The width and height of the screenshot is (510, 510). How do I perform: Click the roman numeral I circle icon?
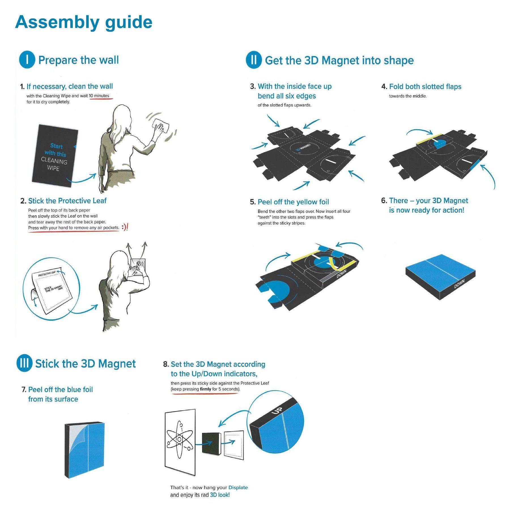pyautogui.click(x=27, y=59)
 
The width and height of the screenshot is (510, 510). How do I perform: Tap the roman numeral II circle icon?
pyautogui.click(x=254, y=60)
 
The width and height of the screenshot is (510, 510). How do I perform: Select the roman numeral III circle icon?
pyautogui.click(x=24, y=363)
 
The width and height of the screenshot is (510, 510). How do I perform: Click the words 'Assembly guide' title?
pyautogui.click(x=84, y=22)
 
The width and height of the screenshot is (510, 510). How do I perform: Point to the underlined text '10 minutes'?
pyautogui.click(x=99, y=96)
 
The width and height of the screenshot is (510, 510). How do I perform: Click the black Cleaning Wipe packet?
pyautogui.click(x=54, y=156)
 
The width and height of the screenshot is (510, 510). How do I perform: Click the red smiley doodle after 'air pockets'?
pyautogui.click(x=125, y=227)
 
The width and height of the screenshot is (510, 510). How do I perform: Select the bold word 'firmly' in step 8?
pyautogui.click(x=205, y=389)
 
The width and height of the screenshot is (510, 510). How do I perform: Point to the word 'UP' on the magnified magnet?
pyautogui.click(x=277, y=410)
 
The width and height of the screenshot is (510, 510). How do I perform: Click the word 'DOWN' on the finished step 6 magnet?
pyautogui.click(x=459, y=284)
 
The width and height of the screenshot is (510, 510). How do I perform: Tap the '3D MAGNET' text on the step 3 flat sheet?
pyautogui.click(x=303, y=148)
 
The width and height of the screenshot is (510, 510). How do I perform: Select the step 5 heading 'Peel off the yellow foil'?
pyautogui.click(x=293, y=202)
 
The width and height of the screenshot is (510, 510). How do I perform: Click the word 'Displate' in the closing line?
pyautogui.click(x=238, y=487)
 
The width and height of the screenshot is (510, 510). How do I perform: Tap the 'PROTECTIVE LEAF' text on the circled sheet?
pyautogui.click(x=47, y=273)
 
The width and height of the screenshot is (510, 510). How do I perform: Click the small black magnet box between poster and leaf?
pyautogui.click(x=211, y=444)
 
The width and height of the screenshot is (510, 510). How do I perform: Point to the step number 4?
pyautogui.click(x=384, y=86)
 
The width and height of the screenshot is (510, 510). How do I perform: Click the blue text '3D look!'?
pyautogui.click(x=220, y=495)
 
